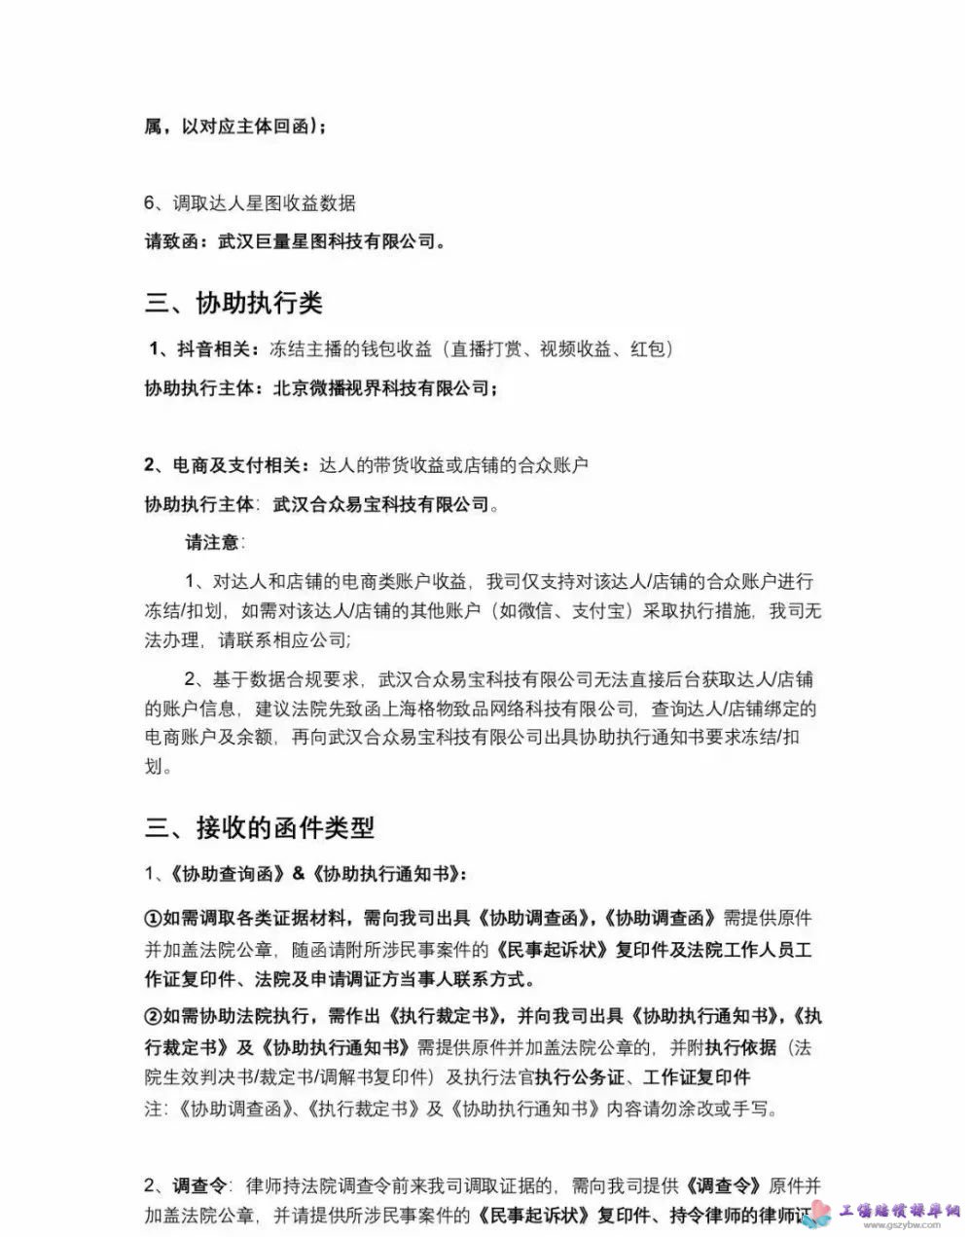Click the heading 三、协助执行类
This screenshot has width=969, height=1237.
pos(233,303)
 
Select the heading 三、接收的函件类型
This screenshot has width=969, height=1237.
pos(260,828)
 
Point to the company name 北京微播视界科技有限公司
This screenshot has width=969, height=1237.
pos(381,388)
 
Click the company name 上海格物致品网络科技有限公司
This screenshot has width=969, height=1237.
pos(507,709)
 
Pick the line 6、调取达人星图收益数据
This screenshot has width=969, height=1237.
pos(250,203)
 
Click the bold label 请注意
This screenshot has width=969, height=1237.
pos(213,542)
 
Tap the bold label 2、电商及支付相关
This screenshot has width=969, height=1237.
pos(226,465)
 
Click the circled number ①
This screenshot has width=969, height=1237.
pos(153,918)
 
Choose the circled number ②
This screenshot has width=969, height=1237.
pos(153,1017)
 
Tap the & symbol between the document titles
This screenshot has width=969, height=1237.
pos(298,874)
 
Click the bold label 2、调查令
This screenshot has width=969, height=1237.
pos(186,1185)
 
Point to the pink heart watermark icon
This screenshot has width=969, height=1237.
pos(822,1212)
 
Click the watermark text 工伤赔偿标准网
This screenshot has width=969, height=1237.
pos(900,1211)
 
